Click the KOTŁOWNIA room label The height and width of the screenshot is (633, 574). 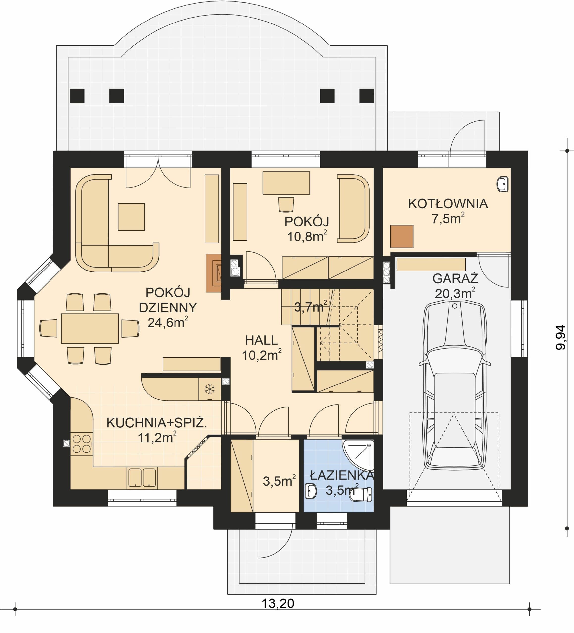click(x=448, y=204)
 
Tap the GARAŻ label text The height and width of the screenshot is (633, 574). click(x=455, y=278)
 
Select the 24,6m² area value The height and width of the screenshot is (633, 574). click(x=168, y=322)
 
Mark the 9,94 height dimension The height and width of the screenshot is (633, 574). click(x=560, y=338)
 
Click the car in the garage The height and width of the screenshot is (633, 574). click(x=454, y=386)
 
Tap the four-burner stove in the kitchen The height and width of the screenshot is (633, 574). click(x=82, y=444)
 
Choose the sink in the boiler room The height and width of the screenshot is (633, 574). click(x=503, y=184)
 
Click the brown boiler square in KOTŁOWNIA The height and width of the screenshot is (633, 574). click(x=402, y=236)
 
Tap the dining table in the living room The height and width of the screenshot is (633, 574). click(x=90, y=328)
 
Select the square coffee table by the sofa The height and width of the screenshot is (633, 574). click(x=131, y=217)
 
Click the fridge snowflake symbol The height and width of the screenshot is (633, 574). click(x=210, y=389)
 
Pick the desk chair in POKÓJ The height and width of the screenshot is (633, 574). click(x=286, y=204)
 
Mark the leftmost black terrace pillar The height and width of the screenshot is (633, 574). click(x=77, y=96)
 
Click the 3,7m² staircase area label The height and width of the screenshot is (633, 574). click(x=310, y=306)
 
